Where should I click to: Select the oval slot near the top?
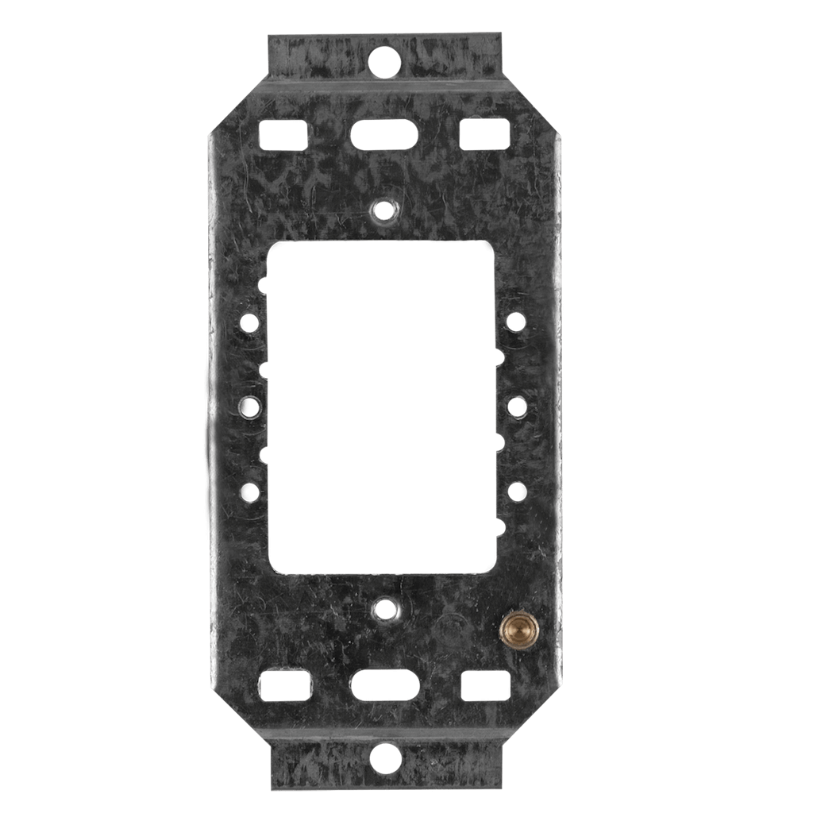tap(385, 133)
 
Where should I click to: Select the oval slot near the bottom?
tap(385, 684)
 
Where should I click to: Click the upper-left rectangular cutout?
tap(283, 134)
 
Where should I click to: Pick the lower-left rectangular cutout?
tap(284, 685)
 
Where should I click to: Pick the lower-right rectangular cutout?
tap(485, 685)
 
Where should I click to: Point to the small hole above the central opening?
tap(385, 210)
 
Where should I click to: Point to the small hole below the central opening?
tap(386, 610)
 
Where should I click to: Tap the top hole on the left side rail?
tap(249, 323)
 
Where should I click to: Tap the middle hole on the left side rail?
tap(249, 407)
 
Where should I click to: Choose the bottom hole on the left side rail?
tap(251, 492)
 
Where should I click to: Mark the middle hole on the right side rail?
tap(516, 407)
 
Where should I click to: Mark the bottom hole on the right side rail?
tap(516, 491)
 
